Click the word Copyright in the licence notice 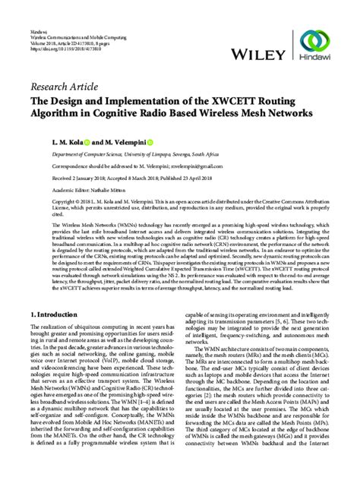(x=43, y=201)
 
